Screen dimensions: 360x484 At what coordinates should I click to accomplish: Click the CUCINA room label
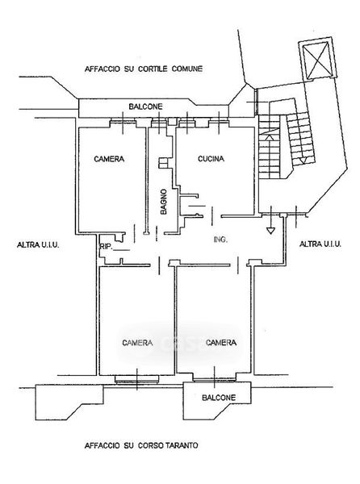(x=211, y=159)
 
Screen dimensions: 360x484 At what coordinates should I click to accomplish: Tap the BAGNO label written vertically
(x=164, y=202)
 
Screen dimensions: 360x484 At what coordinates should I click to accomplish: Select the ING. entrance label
(x=220, y=240)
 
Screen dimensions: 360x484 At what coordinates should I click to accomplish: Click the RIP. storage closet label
(x=105, y=247)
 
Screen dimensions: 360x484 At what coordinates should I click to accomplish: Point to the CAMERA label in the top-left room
(x=109, y=159)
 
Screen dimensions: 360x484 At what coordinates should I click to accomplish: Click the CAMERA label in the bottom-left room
(x=137, y=343)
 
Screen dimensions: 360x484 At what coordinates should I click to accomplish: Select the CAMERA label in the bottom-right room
(x=221, y=342)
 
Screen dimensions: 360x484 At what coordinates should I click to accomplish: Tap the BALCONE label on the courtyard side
(x=146, y=106)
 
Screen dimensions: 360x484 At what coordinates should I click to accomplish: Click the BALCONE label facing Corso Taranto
(x=219, y=398)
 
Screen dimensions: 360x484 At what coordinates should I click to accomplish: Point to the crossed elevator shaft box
(x=317, y=58)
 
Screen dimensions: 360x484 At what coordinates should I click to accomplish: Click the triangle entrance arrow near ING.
(x=270, y=230)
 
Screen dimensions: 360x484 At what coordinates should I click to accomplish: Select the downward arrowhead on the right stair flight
(x=303, y=161)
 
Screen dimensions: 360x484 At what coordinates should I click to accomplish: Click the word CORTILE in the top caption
(x=153, y=69)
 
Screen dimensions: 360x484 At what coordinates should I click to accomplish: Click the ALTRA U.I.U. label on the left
(x=38, y=245)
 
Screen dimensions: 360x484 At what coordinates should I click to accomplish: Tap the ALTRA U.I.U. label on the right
(x=320, y=244)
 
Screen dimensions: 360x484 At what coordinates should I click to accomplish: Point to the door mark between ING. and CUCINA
(x=212, y=216)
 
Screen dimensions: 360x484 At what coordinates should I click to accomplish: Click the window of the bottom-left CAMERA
(x=136, y=379)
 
